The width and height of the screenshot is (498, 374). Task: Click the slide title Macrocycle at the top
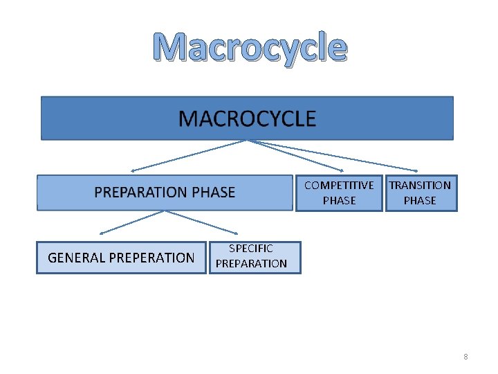tap(249, 47)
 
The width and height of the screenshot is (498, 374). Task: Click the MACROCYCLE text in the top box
tap(247, 119)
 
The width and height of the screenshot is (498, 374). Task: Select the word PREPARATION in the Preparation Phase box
tap(140, 193)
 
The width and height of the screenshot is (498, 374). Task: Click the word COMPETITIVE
tap(339, 185)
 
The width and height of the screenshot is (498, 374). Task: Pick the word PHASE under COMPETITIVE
tap(339, 200)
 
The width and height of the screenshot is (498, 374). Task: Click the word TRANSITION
tap(420, 185)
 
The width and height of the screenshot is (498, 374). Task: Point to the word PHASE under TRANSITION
tap(420, 200)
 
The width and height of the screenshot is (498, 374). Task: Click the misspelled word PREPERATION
tap(153, 258)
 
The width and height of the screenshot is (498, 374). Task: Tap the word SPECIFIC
tap(251, 248)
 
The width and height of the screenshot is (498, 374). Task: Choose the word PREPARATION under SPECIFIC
tap(251, 263)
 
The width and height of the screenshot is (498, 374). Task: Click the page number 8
tap(465, 357)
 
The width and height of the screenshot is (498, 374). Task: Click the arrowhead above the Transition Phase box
tap(415, 170)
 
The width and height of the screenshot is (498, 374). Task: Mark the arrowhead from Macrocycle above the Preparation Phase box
tap(133, 170)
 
